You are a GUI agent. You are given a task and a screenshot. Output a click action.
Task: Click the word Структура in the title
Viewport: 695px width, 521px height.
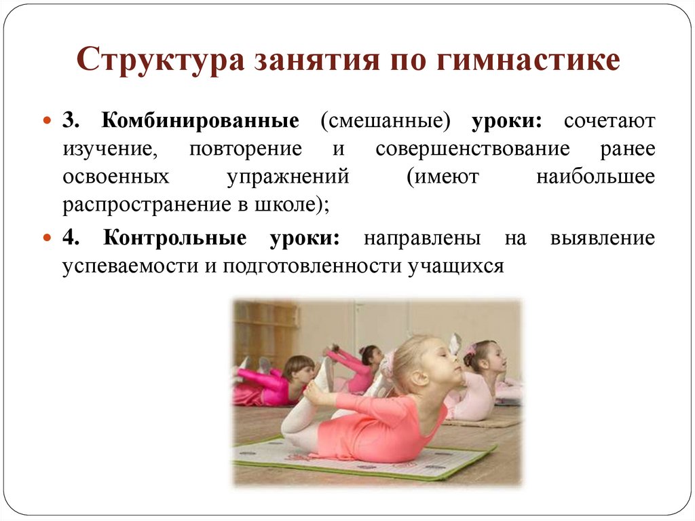(x=158, y=60)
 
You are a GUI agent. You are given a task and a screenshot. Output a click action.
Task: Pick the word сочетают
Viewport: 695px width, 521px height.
(x=609, y=121)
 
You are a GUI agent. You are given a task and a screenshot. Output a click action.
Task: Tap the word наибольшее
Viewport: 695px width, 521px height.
(x=595, y=177)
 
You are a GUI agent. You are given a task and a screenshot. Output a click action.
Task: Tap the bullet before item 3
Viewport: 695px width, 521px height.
(x=47, y=121)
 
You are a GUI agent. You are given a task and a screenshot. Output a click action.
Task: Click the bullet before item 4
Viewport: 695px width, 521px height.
(x=47, y=238)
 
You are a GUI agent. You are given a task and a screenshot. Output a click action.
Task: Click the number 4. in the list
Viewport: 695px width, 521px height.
(x=72, y=238)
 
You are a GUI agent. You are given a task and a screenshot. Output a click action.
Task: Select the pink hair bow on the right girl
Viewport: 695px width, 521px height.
(x=470, y=350)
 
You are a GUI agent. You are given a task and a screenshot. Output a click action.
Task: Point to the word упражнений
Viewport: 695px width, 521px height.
(x=288, y=177)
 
